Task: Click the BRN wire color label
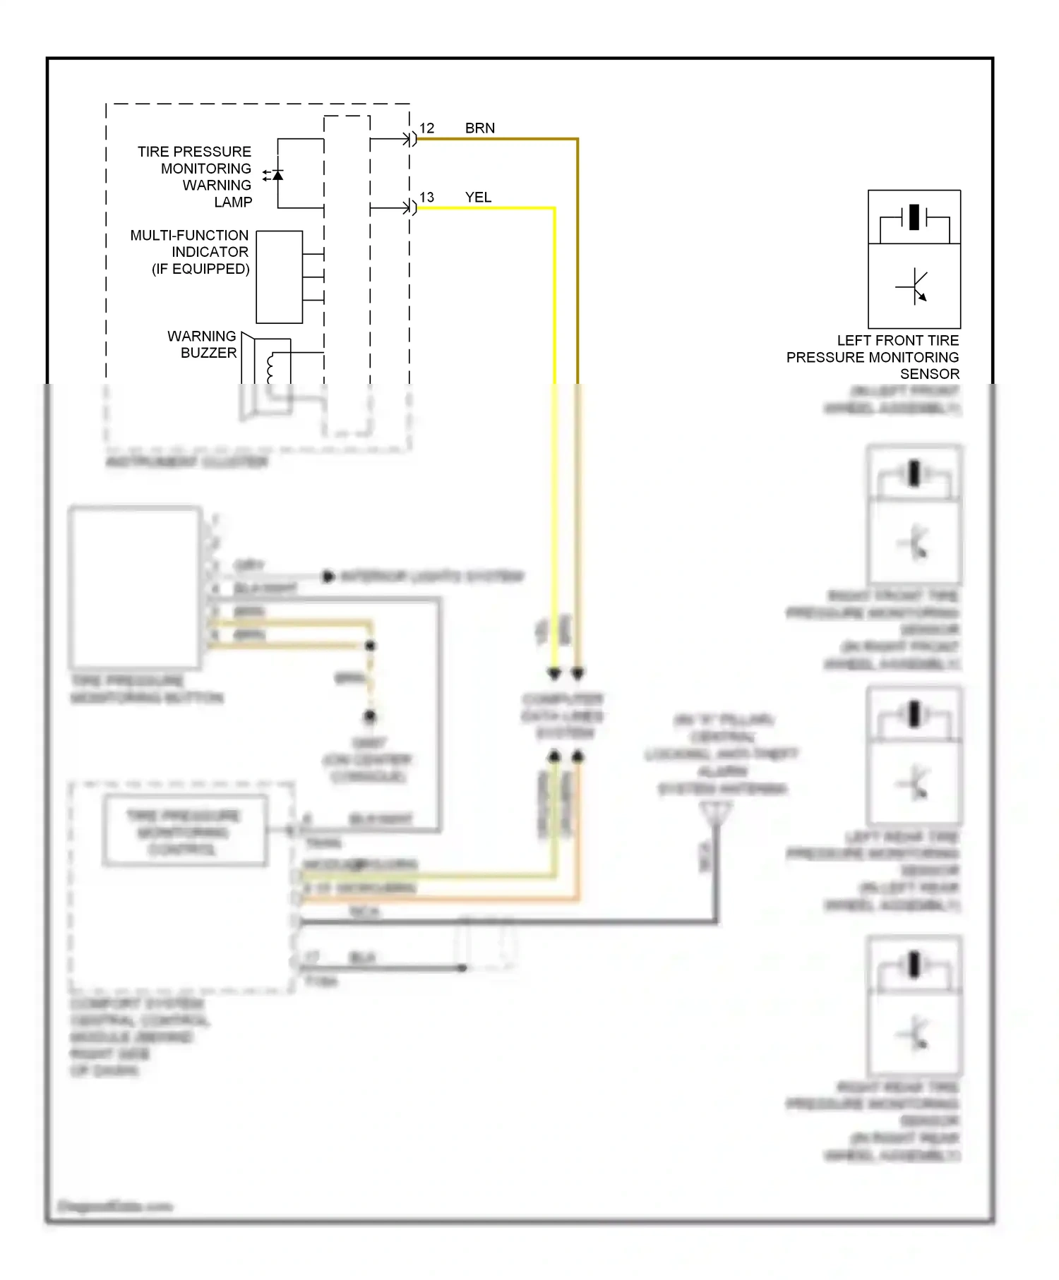click(x=479, y=128)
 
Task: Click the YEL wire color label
click(x=478, y=198)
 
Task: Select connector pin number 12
click(x=426, y=128)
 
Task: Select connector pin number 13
click(x=426, y=198)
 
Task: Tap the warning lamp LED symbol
click(x=277, y=174)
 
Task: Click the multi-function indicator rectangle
click(x=279, y=277)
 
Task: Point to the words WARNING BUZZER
click(x=203, y=344)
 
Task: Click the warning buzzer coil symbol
click(x=270, y=368)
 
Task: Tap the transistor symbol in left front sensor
click(x=914, y=286)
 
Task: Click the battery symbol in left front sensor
click(x=914, y=217)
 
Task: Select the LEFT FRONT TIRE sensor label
click(x=873, y=357)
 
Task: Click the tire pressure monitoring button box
click(x=135, y=587)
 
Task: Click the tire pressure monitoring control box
click(x=184, y=831)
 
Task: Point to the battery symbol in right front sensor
click(x=914, y=473)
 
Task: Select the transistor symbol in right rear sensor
click(x=914, y=1033)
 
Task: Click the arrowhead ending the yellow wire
click(x=554, y=673)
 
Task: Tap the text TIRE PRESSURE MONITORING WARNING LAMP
click(x=196, y=176)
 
